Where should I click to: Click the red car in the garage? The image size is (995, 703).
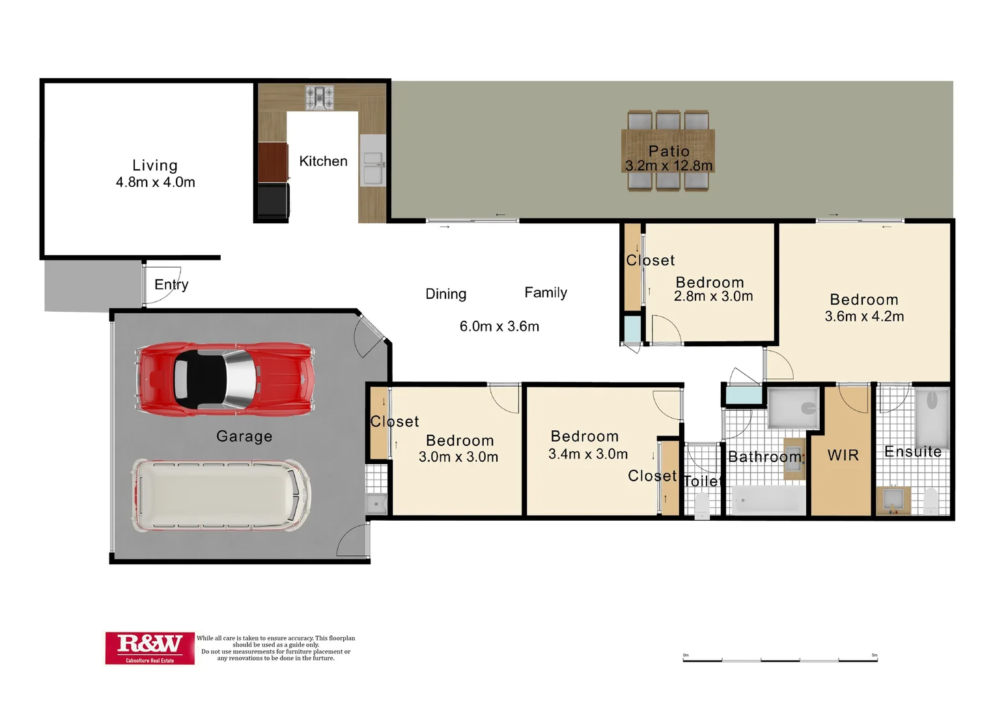point(225,378)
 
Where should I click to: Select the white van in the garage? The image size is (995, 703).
point(221,495)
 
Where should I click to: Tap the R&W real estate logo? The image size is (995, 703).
point(150,648)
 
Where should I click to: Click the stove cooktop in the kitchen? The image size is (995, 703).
point(320,98)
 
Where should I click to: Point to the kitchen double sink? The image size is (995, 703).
point(372,168)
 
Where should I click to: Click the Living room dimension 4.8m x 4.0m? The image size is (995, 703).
point(156,183)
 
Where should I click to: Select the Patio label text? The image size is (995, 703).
point(669,151)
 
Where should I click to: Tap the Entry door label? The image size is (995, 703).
point(171,284)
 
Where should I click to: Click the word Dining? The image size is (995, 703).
point(446,294)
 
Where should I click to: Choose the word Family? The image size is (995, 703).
point(546,293)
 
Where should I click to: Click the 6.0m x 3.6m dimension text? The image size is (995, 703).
point(499,327)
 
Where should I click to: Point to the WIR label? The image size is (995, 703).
point(843,456)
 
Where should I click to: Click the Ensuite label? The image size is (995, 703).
point(913,452)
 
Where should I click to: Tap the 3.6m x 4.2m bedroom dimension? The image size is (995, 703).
point(864,317)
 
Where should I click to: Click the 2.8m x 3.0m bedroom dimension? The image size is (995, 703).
point(713,297)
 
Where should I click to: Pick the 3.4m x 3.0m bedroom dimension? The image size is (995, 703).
point(588,454)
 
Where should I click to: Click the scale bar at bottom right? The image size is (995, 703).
point(780,659)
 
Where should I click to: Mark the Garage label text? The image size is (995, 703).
point(244,437)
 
